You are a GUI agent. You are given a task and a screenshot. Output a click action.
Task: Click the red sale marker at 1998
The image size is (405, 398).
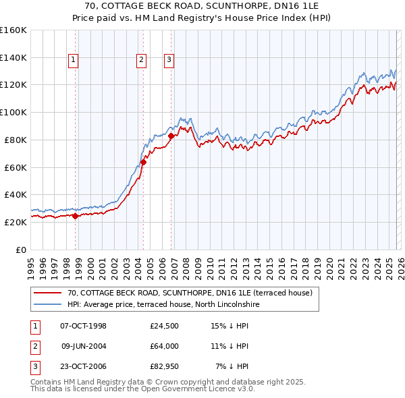point(75,216)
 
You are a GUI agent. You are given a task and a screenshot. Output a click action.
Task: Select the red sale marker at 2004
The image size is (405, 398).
point(143,162)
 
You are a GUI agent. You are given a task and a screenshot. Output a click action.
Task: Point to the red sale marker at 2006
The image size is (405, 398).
point(171,136)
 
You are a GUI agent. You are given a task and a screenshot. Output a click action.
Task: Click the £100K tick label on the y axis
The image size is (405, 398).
point(13,113)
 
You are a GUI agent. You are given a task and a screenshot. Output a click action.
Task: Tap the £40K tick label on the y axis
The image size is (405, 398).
point(16,195)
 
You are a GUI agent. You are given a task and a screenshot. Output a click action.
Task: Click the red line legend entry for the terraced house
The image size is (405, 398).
point(189,293)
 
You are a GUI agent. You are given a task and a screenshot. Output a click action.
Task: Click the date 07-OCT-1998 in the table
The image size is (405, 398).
point(84,326)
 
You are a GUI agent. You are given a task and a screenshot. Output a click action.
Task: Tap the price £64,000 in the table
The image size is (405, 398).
point(165,346)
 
